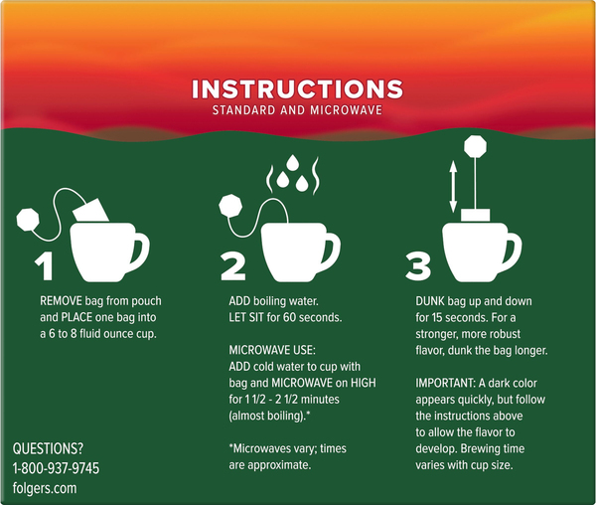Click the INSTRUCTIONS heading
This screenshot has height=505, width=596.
tap(297, 89)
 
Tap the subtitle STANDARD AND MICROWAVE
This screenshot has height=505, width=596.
tap(297, 110)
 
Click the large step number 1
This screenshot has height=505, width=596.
tap(45, 266)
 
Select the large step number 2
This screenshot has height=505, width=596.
tap(233, 266)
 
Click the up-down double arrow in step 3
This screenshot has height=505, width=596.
tap(453, 186)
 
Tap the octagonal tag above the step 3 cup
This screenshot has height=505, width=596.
tap(475, 146)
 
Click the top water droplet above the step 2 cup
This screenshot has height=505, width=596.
tap(292, 162)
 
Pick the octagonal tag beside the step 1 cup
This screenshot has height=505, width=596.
tap(28, 220)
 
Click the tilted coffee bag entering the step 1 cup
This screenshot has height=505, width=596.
tap(90, 210)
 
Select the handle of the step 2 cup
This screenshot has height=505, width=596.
tap(331, 250)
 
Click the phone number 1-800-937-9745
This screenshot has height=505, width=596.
tap(56, 468)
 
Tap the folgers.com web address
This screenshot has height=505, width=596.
tap(45, 488)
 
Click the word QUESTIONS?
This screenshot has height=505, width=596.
tap(48, 448)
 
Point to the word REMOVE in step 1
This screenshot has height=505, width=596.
tap(61, 301)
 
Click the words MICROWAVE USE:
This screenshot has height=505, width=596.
tap(272, 350)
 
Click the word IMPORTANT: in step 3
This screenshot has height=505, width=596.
tap(445, 383)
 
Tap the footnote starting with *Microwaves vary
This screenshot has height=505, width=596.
tap(287, 456)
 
